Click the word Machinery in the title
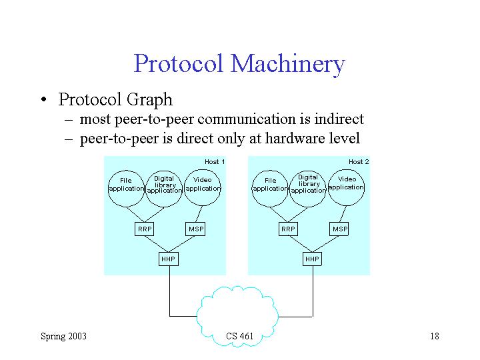coord(288,64)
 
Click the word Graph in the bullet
coord(149,100)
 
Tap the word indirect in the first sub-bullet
coord(339,119)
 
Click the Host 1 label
coord(215,161)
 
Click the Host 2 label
coord(359,161)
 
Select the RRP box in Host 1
coord(144,229)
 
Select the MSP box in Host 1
coord(195,229)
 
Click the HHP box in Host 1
coord(169,259)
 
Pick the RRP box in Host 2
coord(288,229)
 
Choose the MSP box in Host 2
coord(339,229)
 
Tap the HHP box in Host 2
coord(312,259)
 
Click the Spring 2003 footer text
coord(64,336)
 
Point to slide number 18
coord(435,336)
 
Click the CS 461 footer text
coord(240,336)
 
